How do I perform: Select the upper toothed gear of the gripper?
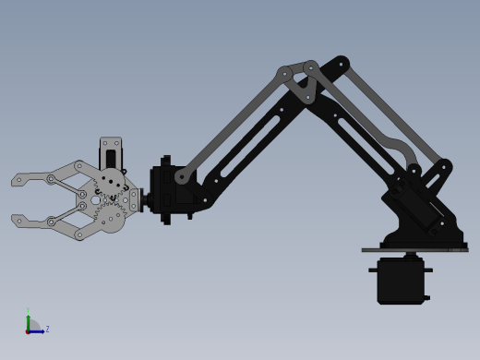tap(112, 183)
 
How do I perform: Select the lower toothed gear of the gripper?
tap(112, 218)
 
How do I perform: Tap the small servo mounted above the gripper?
tap(111, 152)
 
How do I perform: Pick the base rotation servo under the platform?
tap(401, 281)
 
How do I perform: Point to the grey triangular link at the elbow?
tap(299, 84)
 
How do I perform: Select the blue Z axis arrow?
tap(37, 331)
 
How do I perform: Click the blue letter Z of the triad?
tap(47, 329)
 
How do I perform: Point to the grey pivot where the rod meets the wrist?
tap(182, 176)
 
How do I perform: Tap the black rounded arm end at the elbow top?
tap(341, 64)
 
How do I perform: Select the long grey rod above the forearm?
tap(235, 124)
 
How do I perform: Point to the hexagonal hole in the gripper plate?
tap(96, 200)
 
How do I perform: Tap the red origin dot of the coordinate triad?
tap(28, 331)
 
